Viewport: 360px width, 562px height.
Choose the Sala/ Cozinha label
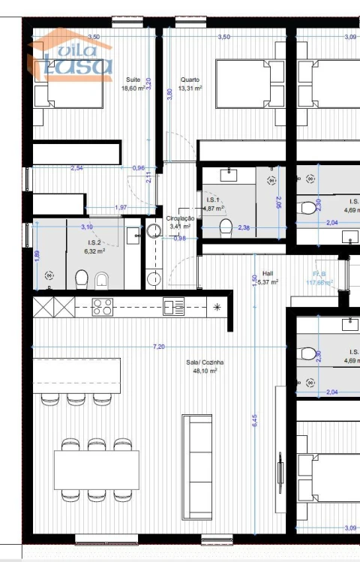pyautogui.click(x=202, y=366)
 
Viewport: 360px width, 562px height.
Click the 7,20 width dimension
pyautogui.click(x=159, y=346)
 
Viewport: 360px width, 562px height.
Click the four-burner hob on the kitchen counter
pyautogui.click(x=102, y=307)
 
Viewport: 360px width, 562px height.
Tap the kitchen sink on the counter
pyautogui.click(x=174, y=307)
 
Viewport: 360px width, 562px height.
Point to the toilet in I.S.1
pyautogui.click(x=224, y=227)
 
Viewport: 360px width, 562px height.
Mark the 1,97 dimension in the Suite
pyautogui.click(x=120, y=207)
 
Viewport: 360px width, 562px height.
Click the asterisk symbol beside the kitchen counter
pyautogui.click(x=217, y=307)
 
